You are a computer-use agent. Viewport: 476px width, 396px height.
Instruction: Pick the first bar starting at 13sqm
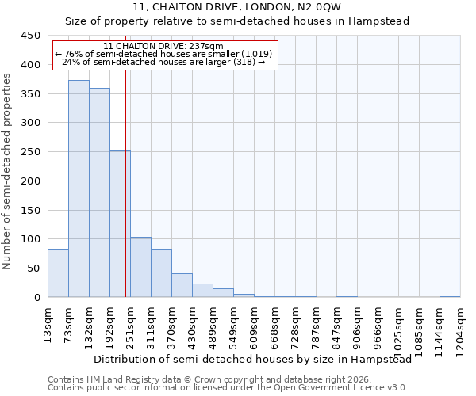(58, 273)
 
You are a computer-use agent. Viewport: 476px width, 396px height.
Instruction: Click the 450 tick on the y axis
(30, 36)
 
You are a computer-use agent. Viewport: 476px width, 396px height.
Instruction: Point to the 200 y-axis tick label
(30, 181)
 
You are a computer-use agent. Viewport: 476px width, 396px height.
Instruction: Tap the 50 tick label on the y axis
(33, 268)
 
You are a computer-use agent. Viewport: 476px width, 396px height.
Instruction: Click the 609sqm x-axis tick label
(254, 326)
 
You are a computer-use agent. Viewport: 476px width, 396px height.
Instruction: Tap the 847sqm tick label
(336, 326)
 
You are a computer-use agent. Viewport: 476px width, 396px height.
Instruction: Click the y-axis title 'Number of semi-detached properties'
(8, 171)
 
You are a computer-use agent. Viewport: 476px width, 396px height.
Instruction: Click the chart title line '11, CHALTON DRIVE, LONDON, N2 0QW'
(237, 7)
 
